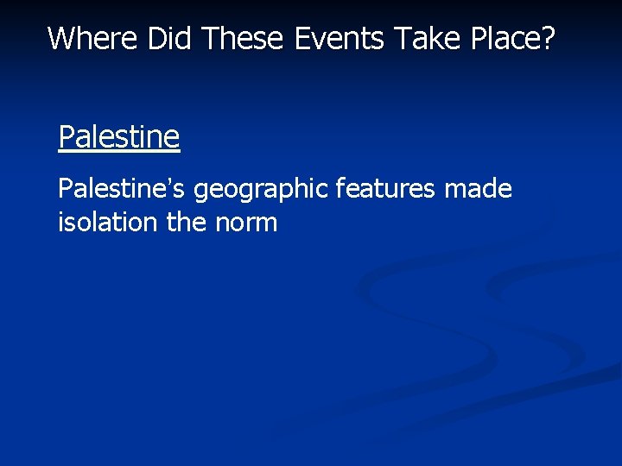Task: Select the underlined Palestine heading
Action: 118,136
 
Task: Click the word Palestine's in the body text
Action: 122,189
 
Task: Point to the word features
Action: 385,189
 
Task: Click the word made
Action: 478,189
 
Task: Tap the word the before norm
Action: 186,223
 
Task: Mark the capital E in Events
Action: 301,38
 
